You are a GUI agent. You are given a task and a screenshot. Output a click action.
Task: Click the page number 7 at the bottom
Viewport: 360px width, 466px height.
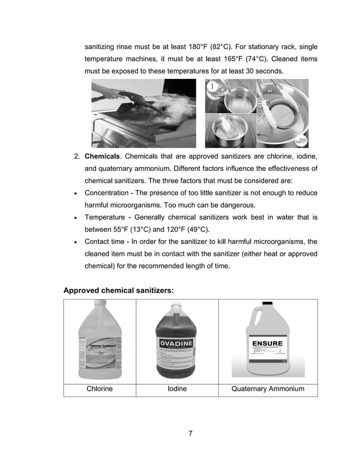point(190,433)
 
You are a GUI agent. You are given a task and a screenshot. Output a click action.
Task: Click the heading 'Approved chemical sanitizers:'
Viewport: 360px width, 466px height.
point(118,290)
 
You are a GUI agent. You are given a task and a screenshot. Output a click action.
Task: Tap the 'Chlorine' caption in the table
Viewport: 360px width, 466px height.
point(99,389)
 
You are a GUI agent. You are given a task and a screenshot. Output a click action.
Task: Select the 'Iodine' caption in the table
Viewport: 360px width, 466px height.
point(177,389)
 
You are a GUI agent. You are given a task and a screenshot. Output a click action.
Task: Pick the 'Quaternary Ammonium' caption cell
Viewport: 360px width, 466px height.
point(268,389)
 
